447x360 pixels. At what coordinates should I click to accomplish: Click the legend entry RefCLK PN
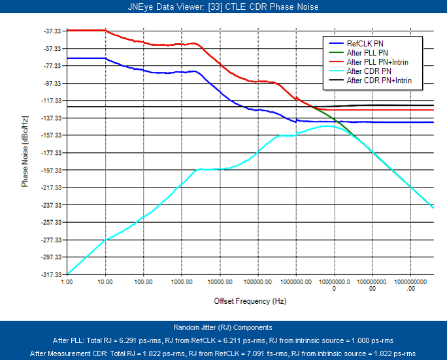coord(365,42)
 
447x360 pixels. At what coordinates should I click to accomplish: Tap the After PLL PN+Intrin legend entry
coord(378,61)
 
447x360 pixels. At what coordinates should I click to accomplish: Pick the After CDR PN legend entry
coord(369,71)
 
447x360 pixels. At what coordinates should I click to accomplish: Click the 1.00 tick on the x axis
coord(67,283)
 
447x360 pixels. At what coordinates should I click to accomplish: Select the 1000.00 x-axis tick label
coord(182,283)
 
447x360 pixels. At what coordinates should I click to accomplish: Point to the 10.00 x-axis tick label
coord(105,283)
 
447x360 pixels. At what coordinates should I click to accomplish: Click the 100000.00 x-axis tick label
coord(258,283)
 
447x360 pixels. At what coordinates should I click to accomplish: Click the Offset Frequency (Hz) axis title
coord(250,301)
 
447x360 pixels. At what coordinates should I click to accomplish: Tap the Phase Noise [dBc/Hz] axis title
coord(25,152)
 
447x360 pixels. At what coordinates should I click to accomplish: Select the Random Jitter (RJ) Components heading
coord(223,327)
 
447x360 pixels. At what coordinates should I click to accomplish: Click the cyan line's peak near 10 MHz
coord(327,126)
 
